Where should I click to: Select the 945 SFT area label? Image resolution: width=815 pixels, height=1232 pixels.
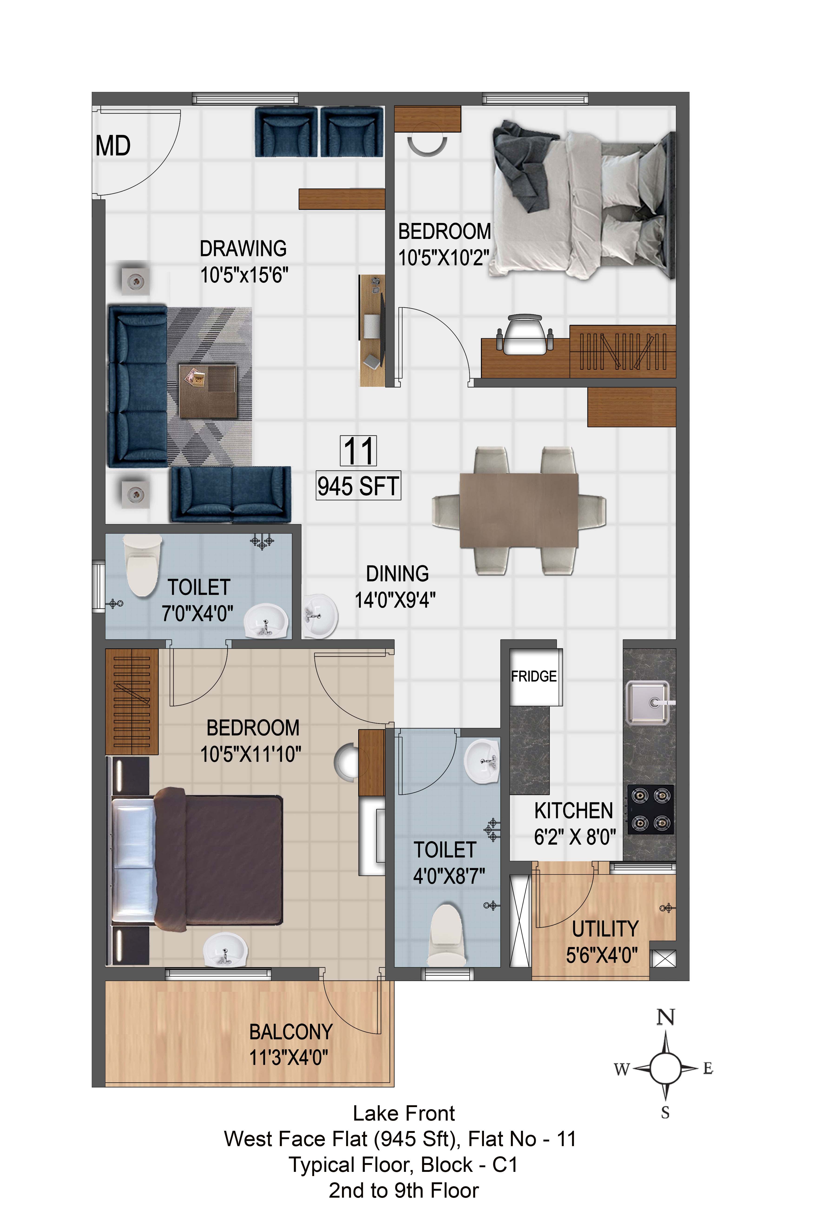point(358,486)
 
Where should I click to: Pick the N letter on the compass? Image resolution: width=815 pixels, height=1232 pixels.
point(665,1017)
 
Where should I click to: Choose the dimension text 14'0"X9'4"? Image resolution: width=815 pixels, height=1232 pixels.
point(395,600)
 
